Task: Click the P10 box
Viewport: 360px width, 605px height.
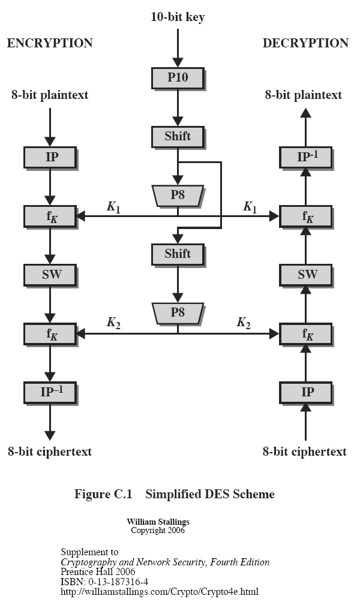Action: (x=177, y=78)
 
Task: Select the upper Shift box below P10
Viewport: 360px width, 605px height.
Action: (x=177, y=137)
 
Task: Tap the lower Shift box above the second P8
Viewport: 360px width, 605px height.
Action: (x=177, y=254)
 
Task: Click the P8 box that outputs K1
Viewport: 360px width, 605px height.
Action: (x=177, y=195)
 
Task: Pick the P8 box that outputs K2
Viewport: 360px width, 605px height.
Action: (x=177, y=312)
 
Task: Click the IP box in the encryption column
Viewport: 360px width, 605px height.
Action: (x=50, y=157)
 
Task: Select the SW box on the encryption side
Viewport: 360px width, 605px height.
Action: (x=50, y=275)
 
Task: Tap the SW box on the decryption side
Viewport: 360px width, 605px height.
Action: (x=306, y=275)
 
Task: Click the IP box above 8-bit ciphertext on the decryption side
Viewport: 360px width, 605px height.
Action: (x=306, y=392)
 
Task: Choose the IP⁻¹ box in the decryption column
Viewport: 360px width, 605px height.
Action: (x=306, y=157)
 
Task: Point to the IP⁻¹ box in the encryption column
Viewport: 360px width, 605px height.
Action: (x=50, y=392)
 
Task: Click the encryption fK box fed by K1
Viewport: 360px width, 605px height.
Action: (x=50, y=216)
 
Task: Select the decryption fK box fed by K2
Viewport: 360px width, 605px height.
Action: (x=306, y=333)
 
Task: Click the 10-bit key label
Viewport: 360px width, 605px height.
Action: (x=177, y=17)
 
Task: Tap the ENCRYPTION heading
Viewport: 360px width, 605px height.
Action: (x=50, y=43)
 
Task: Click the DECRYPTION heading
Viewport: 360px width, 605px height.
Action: (x=305, y=43)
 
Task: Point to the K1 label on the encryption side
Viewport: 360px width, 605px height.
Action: (x=113, y=207)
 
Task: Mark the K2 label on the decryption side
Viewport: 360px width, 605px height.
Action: (x=243, y=323)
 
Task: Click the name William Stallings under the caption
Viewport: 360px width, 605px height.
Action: (x=158, y=522)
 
